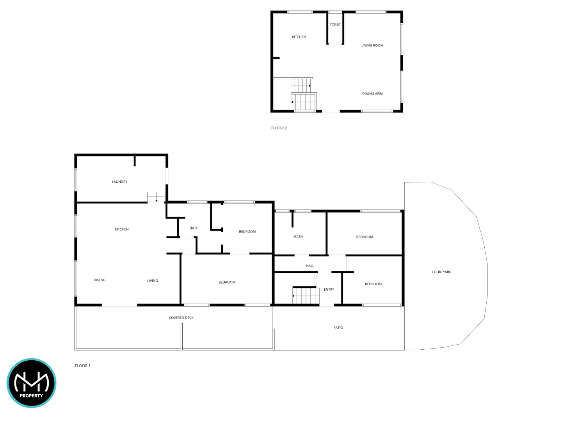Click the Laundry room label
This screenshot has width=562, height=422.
pos(119,182)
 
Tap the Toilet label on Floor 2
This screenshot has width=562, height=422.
pos(335,24)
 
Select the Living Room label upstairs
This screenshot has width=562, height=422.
pos(372,45)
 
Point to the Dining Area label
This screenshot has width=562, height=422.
pos(372,93)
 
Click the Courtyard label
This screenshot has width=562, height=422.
pos(441,272)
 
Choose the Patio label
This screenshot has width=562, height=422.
pos(338,327)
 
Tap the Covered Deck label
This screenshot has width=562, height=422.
pos(181,317)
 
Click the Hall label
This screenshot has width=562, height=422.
pos(310,266)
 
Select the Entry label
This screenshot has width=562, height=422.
pos(329,289)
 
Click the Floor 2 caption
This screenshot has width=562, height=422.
pos(279,128)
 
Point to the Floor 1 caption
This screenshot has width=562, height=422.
pos(82,366)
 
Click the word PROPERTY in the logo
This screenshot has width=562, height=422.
pos(31,395)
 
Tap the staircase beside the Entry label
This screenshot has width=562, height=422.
pos(306,295)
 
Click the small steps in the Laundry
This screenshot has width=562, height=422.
pos(156,197)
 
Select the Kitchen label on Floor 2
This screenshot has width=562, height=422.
pos(299,37)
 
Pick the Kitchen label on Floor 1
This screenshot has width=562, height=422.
pos(121,229)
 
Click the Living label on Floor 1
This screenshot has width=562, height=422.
pos(152,281)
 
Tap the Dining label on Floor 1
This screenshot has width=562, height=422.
pos(100,280)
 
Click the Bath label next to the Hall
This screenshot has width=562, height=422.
pos(298,236)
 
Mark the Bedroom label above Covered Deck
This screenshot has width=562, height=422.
pos(227,282)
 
